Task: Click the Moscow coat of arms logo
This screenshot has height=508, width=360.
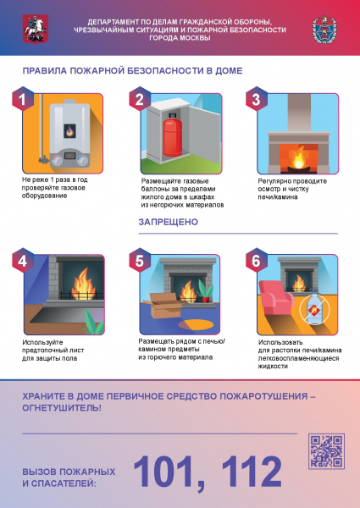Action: pyautogui.click(x=36, y=29)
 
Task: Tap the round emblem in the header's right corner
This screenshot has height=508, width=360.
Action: pyautogui.click(x=324, y=30)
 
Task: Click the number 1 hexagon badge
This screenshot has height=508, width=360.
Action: pyautogui.click(x=23, y=99)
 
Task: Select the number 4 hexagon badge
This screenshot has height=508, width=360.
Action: pyautogui.click(x=23, y=260)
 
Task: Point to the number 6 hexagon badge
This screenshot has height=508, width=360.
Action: pyautogui.click(x=257, y=260)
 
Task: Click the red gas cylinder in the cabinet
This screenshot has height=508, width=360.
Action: pyautogui.click(x=172, y=134)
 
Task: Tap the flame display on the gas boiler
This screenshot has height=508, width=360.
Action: pyautogui.click(x=69, y=131)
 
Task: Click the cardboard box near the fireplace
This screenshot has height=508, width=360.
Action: pyautogui.click(x=163, y=306)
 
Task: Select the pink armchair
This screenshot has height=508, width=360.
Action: pyautogui.click(x=275, y=297)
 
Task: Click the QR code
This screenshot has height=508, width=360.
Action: pyautogui.click(x=326, y=451)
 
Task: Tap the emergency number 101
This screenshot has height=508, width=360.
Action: pyautogui.click(x=169, y=473)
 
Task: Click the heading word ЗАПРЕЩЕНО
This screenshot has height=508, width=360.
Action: pyautogui.click(x=169, y=222)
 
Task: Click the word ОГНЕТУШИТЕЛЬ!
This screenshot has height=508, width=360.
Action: pyautogui.click(x=62, y=408)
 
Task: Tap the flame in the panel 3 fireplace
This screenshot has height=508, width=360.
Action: pyautogui.click(x=298, y=158)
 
